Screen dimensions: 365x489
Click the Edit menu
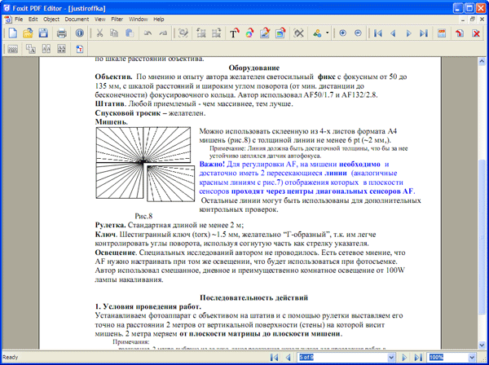tap(33, 18)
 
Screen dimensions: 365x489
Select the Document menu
tap(78, 18)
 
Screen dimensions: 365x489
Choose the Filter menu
tap(119, 18)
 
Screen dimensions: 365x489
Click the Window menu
tap(139, 18)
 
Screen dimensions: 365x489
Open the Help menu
tap(160, 18)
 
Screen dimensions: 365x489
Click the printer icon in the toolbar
tap(61, 33)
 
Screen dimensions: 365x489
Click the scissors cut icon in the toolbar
tap(99, 33)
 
